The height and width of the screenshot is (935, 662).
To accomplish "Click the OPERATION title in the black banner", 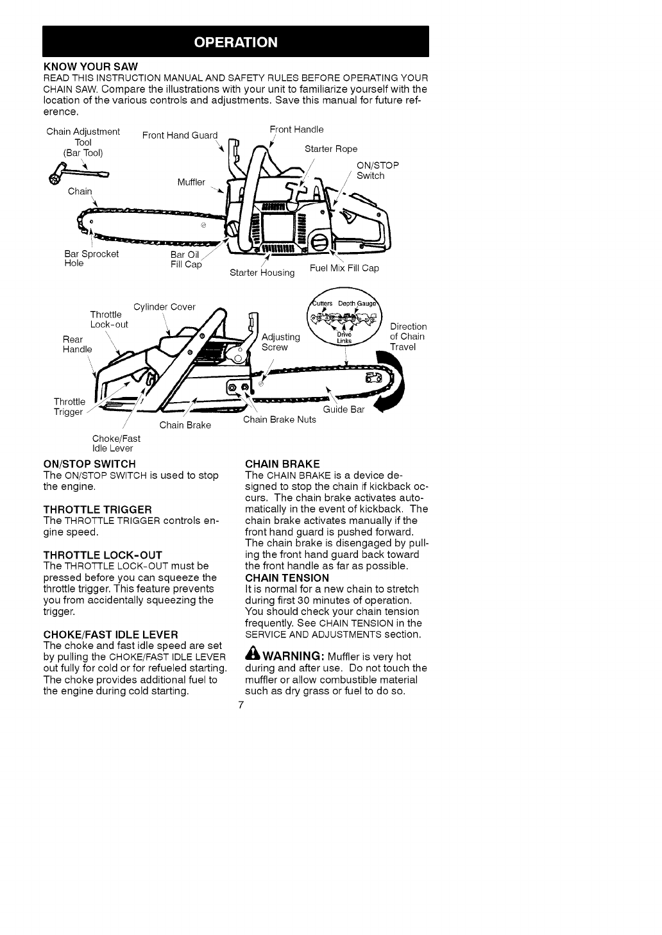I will (236, 42).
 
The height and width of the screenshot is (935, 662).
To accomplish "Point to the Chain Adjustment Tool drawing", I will (76, 173).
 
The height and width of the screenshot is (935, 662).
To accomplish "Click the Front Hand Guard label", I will (180, 135).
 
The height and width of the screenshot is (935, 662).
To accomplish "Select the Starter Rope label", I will (331, 149).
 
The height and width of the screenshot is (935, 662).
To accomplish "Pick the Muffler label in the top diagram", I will (191, 182).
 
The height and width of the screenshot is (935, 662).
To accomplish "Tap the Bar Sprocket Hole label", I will (91, 258).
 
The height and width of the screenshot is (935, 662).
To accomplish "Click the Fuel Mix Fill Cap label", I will (344, 267).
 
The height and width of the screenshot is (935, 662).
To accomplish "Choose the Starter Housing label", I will (262, 273).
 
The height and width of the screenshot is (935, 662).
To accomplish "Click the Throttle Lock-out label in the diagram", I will (109, 319).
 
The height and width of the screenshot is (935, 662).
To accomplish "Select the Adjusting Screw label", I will (281, 342).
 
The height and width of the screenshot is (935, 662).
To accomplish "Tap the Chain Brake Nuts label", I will (280, 419).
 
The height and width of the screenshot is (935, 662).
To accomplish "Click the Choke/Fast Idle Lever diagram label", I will (116, 443).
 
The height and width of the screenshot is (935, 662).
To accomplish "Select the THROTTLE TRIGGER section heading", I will (98, 509).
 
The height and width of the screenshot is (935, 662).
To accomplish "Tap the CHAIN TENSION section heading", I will (287, 577).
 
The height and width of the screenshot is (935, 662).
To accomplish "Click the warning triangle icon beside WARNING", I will (251, 656).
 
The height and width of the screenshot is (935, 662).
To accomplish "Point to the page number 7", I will (240, 705).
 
